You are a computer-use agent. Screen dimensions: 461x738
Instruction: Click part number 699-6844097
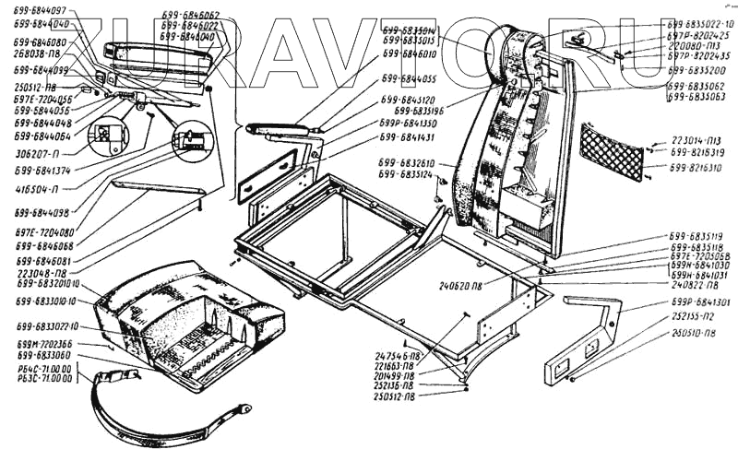tap(42, 10)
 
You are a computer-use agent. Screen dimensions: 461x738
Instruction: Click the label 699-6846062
tap(189, 16)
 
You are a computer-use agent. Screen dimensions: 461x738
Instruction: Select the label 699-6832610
tap(404, 163)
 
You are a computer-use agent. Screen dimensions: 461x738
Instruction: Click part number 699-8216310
tap(696, 168)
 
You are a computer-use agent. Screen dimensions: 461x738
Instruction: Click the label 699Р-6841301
tap(694, 302)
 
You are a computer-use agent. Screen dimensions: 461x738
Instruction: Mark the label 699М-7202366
tap(44, 343)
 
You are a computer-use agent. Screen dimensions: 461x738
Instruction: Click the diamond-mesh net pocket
tap(612, 152)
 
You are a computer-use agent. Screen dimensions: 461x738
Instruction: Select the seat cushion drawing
tap(184, 323)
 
